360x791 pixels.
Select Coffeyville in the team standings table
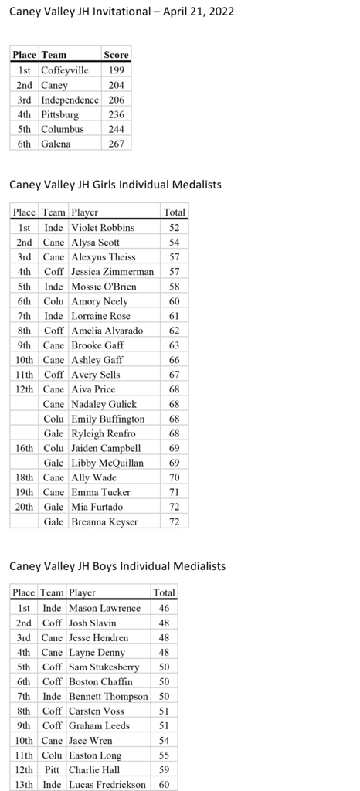[x=65, y=70]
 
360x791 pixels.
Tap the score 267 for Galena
[x=116, y=144]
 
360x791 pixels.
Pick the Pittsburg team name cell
[x=59, y=114]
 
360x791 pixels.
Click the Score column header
[x=116, y=55]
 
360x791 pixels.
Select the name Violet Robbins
[x=103, y=228]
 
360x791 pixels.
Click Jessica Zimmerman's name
[x=112, y=272]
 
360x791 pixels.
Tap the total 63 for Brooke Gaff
[x=174, y=345]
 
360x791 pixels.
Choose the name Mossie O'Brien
[x=104, y=287]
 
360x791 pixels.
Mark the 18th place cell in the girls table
[x=25, y=477]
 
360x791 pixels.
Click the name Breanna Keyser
[x=104, y=521]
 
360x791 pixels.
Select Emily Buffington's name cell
[x=107, y=419]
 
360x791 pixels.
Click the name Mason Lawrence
[x=104, y=608]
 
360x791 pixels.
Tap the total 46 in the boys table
[x=164, y=608]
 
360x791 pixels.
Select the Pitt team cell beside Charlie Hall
[x=53, y=769]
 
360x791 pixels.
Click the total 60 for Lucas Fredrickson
[x=164, y=784]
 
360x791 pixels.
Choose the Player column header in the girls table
[x=85, y=212]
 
